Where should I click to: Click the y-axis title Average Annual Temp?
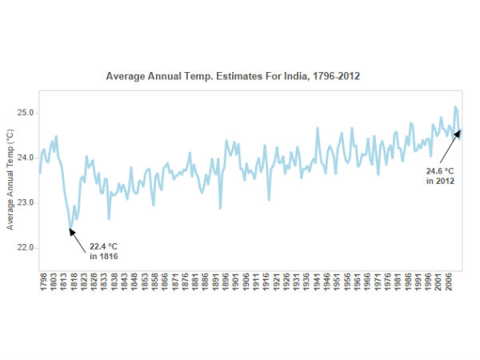pos(10,180)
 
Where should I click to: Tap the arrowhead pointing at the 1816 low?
pos(71,231)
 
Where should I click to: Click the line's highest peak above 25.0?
pos(455,107)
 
